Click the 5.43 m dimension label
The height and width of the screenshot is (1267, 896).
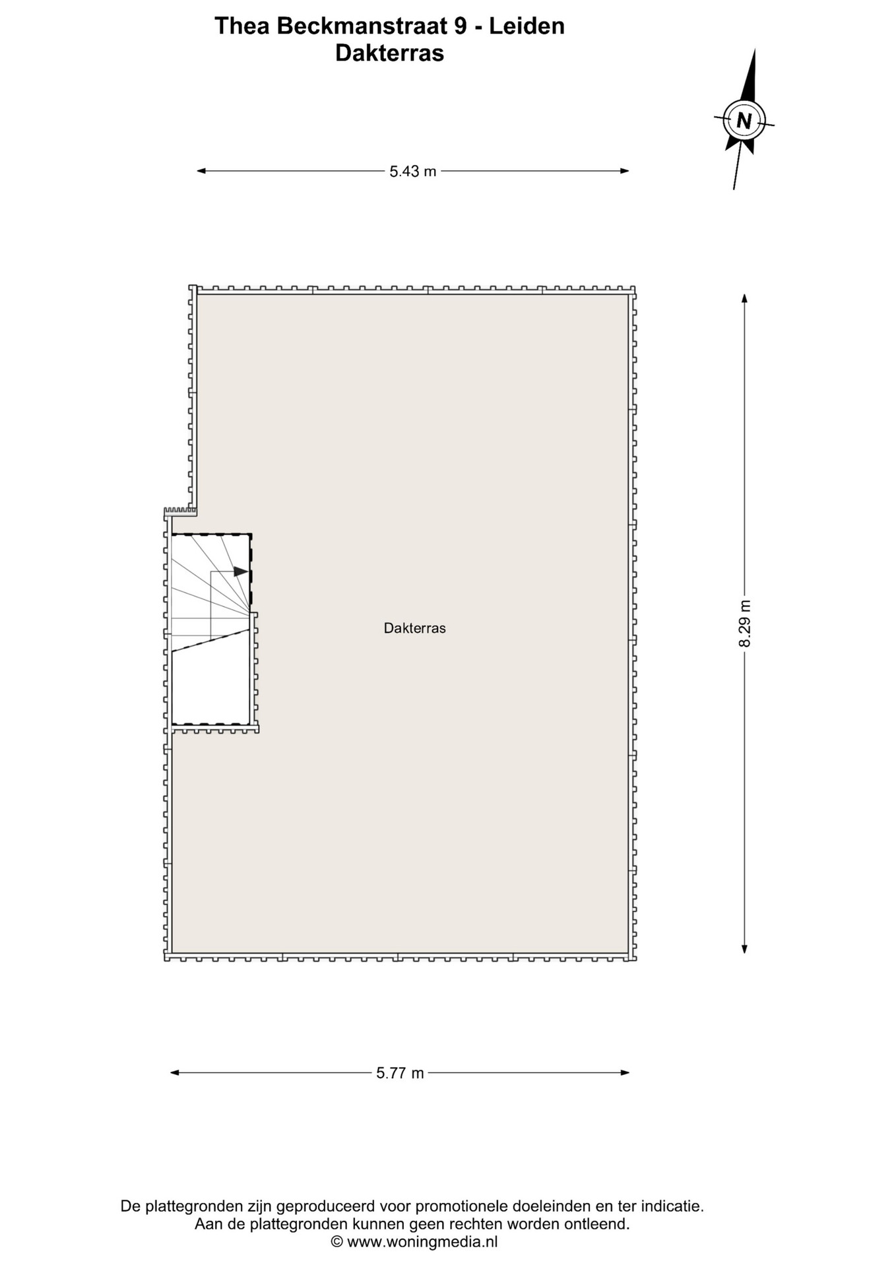413,172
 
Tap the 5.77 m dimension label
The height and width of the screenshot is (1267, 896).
400,1073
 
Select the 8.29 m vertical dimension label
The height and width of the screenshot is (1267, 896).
745,624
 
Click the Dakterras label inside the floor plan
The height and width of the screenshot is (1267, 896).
415,628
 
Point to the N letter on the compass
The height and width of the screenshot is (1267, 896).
744,121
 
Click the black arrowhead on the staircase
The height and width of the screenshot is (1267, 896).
241,571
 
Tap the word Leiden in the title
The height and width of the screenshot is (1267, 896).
527,26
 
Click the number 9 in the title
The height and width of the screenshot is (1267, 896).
461,26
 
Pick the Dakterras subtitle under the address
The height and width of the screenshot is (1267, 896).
389,53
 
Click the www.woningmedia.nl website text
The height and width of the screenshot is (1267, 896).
422,1242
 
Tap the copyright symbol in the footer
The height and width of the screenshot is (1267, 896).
337,1243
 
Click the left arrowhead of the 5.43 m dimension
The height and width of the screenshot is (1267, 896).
201,171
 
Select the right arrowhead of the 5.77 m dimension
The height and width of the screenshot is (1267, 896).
625,1072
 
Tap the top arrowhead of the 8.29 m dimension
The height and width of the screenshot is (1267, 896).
745,298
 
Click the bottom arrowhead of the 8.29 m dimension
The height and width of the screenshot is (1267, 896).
745,949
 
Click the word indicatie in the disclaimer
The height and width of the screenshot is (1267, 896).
671,1206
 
